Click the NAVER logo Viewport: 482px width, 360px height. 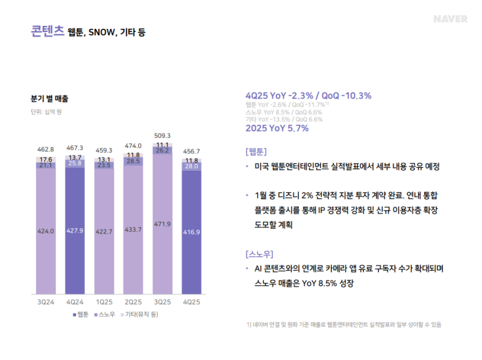[450, 19]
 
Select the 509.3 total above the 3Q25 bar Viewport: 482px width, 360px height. [162, 136]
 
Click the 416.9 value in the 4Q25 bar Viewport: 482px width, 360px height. [192, 231]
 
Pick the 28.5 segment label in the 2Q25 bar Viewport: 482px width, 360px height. [133, 161]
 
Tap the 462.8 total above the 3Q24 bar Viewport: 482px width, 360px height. [46, 148]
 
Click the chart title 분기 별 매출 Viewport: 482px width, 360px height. [49, 98]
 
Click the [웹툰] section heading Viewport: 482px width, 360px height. [256, 151]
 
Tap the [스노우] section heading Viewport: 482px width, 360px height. [260, 254]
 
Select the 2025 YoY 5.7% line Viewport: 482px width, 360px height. [277, 128]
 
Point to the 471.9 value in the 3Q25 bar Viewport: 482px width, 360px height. [162, 224]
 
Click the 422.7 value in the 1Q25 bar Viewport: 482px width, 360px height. [104, 231]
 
